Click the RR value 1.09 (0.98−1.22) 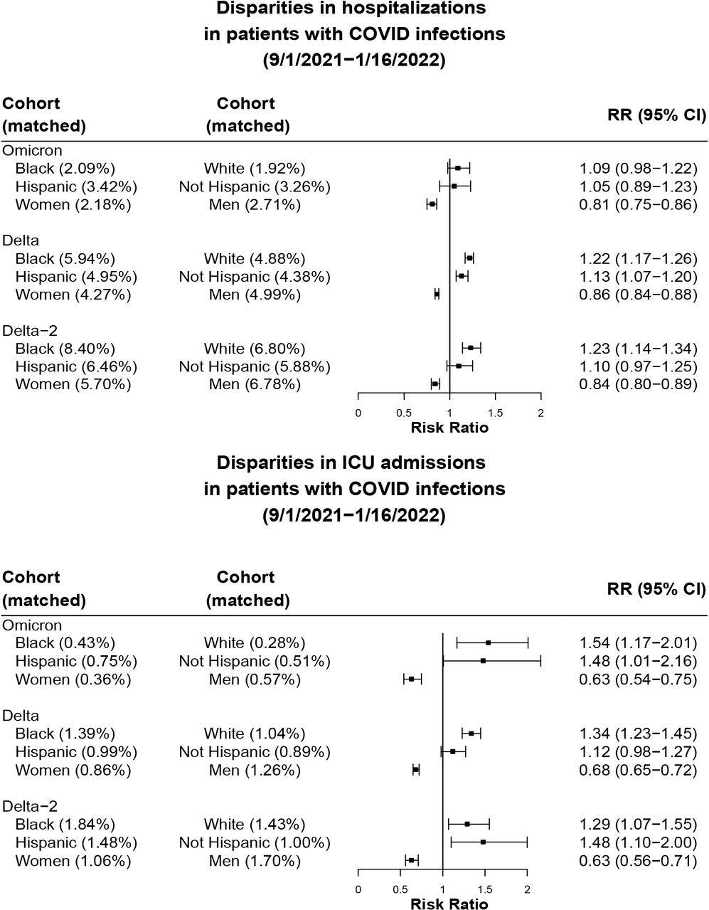(x=637, y=169)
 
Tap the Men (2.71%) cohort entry (x=255, y=205)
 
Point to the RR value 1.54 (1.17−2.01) (x=637, y=643)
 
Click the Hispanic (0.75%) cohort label (x=76, y=662)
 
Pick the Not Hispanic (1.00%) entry (x=255, y=842)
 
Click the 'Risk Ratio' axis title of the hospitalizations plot (x=449, y=428)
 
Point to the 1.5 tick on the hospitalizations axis (x=496, y=413)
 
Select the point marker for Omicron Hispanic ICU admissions (x=483, y=661)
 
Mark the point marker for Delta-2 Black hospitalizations (x=471, y=348)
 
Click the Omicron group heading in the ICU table (x=32, y=625)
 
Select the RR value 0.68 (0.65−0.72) (x=637, y=770)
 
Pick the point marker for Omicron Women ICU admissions (x=411, y=679)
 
